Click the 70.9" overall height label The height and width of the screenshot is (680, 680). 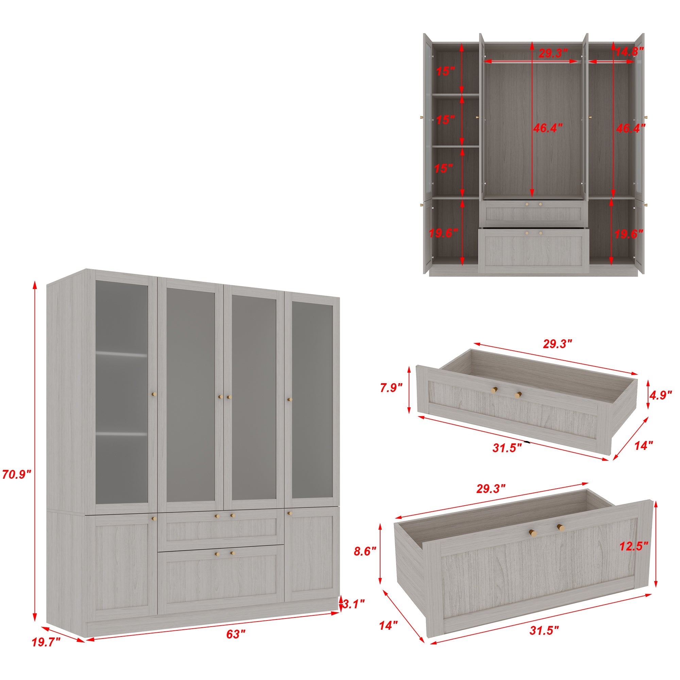(x=17, y=475)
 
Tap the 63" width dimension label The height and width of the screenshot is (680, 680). (x=236, y=634)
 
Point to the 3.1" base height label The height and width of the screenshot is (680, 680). (x=353, y=604)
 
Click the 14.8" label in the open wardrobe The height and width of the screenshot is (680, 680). (x=629, y=52)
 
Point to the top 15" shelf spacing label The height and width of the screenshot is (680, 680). (x=445, y=71)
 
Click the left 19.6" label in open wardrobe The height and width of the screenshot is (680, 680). (x=443, y=233)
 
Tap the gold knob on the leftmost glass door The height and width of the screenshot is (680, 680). (x=154, y=394)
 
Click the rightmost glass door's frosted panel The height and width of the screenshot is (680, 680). (x=312, y=400)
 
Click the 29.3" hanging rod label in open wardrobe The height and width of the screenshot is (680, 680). (x=553, y=53)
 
